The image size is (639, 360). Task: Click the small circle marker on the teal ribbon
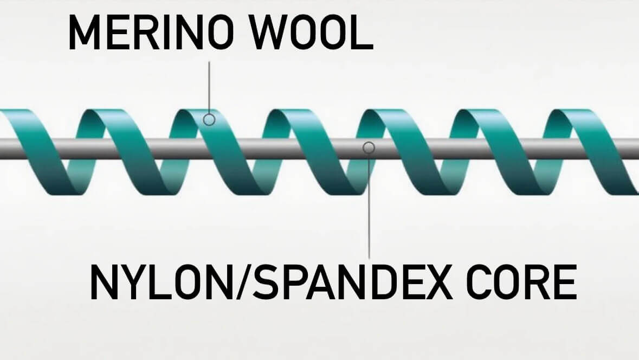tap(209, 119)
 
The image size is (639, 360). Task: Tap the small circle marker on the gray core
tap(369, 147)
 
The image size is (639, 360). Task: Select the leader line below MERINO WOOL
tap(209, 87)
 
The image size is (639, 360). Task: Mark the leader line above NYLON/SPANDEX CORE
tap(369, 206)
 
